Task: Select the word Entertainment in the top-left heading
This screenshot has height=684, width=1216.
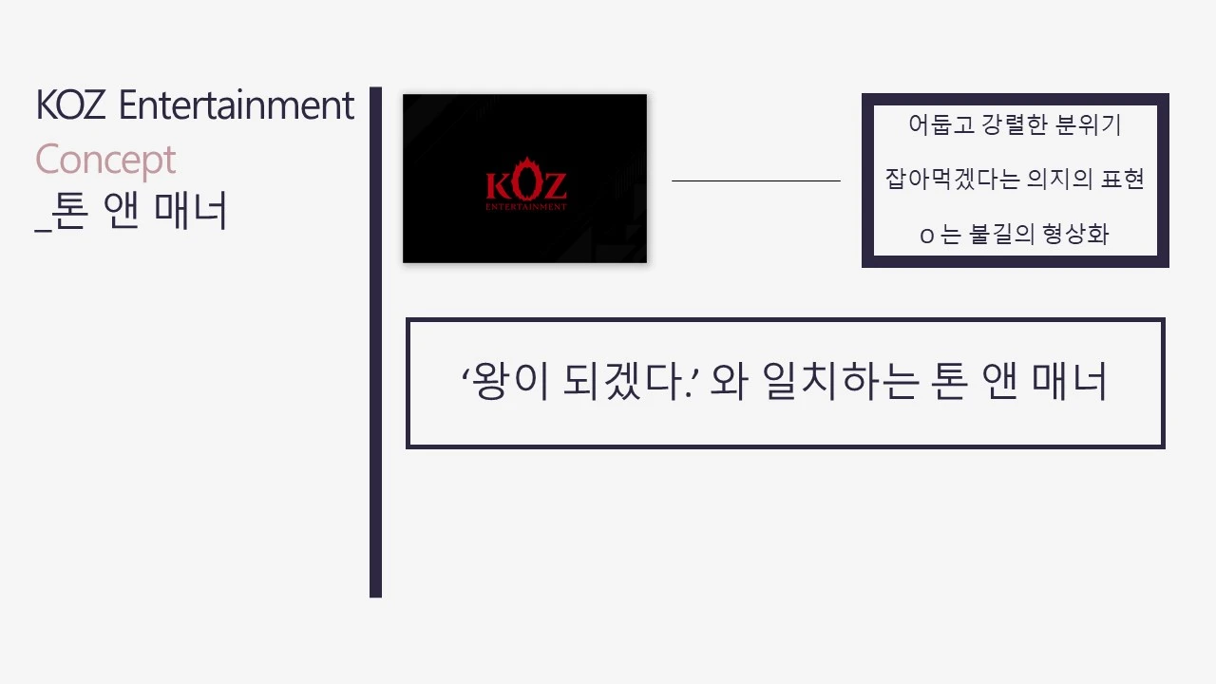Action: [x=237, y=105]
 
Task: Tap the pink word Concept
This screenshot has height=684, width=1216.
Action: [x=105, y=161]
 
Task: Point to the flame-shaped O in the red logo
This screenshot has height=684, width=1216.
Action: [x=526, y=182]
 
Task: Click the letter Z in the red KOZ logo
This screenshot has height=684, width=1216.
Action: [x=554, y=184]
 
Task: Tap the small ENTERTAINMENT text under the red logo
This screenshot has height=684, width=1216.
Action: [x=525, y=206]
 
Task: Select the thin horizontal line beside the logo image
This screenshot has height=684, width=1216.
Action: [x=756, y=180]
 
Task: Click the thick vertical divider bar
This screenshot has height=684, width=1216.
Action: [x=375, y=342]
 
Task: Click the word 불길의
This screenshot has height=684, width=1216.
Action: [x=1000, y=235]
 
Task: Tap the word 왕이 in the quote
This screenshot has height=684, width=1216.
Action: [x=503, y=382]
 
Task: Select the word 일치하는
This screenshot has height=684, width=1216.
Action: [x=838, y=382]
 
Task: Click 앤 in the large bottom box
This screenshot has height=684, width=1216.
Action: [x=1002, y=382]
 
